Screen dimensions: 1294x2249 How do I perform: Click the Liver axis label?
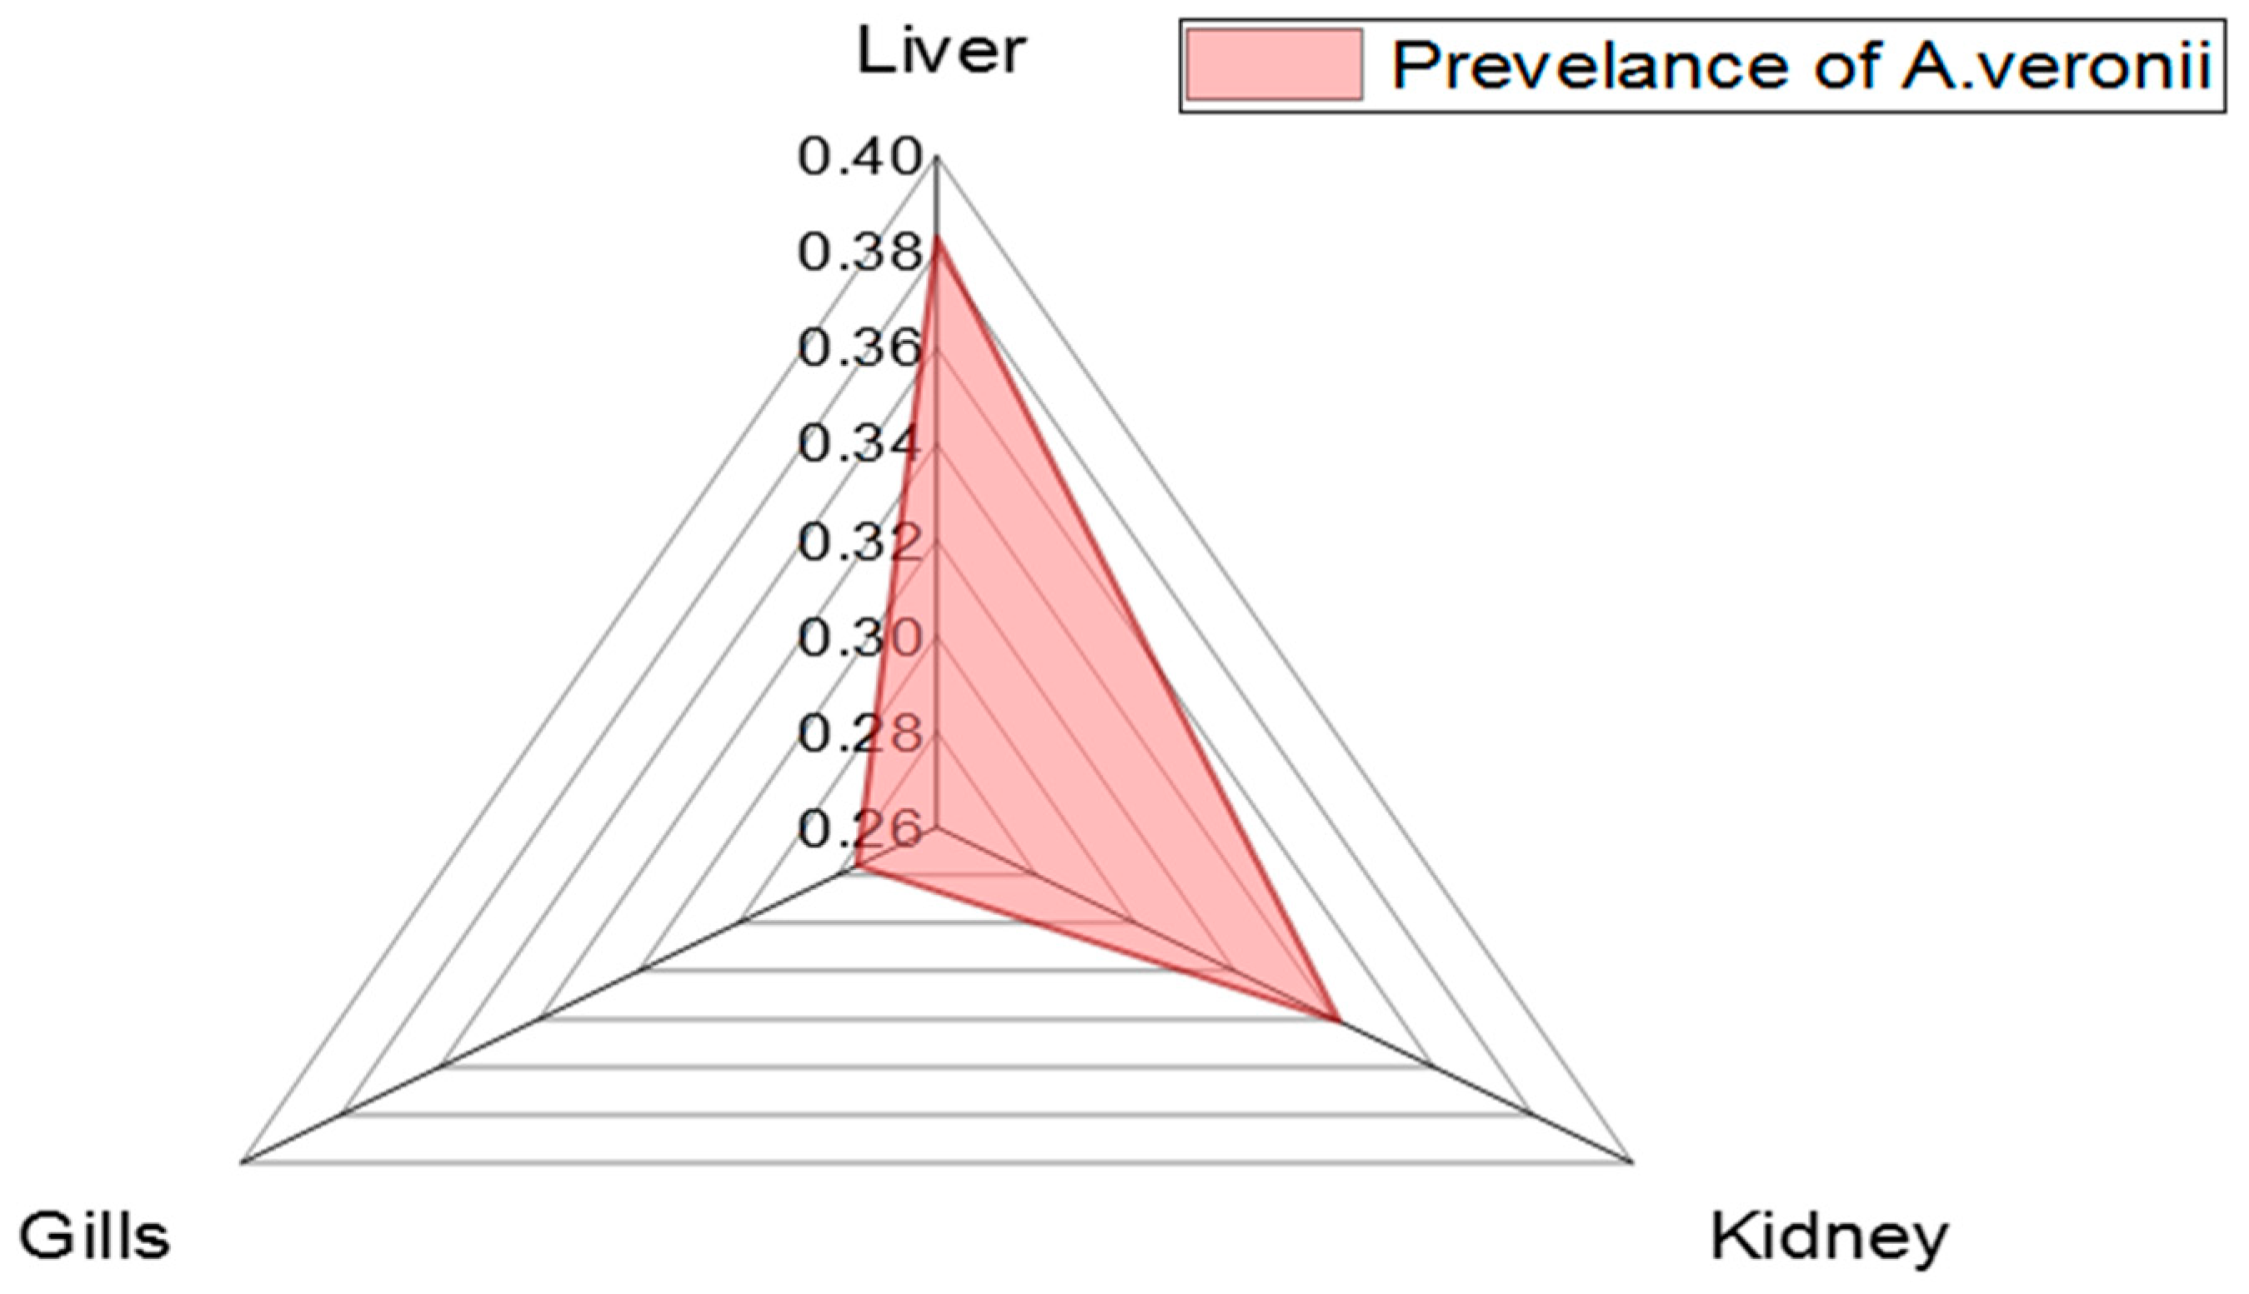pyautogui.click(x=940, y=52)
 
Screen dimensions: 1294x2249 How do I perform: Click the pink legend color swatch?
pyautogui.click(x=1274, y=65)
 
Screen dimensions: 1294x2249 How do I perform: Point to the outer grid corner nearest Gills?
pyautogui.click(x=242, y=1161)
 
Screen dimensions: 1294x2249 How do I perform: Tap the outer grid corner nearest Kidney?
pyautogui.click(x=1632, y=1161)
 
